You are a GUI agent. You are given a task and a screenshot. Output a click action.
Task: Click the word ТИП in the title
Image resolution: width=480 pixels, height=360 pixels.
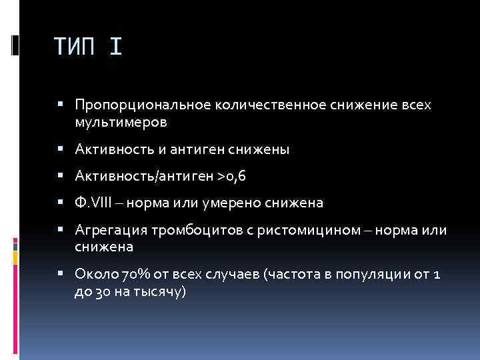click(x=77, y=47)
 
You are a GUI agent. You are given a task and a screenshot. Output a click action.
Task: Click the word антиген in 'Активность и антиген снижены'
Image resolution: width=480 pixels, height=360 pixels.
click(x=190, y=150)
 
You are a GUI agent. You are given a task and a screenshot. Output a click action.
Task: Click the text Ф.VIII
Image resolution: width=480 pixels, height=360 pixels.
click(x=93, y=203)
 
